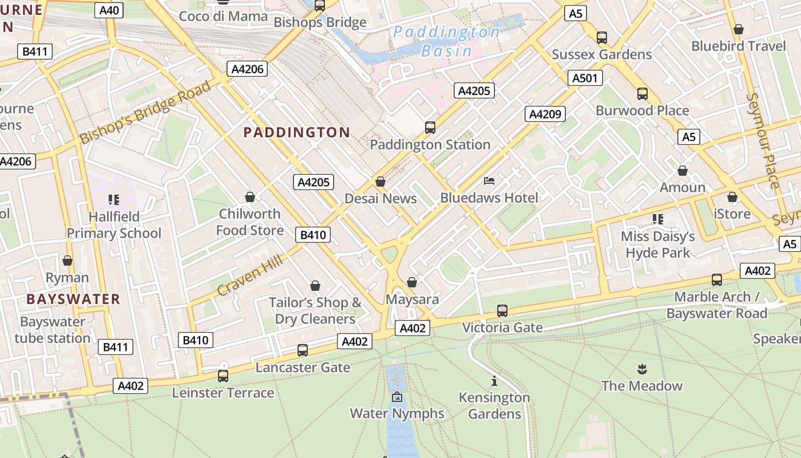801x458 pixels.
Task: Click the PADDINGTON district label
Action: click(296, 132)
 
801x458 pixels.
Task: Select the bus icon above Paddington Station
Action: click(430, 127)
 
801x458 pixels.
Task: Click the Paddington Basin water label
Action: click(446, 41)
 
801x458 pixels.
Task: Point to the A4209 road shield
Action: click(545, 114)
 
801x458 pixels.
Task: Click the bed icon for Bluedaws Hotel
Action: click(489, 181)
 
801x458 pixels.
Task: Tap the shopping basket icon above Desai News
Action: click(380, 181)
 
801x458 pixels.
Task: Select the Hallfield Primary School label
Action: click(114, 225)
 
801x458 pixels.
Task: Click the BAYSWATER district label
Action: click(73, 299)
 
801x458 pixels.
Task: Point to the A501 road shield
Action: click(585, 78)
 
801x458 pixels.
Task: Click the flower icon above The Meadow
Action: click(641, 369)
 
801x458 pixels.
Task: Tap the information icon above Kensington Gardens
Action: click(494, 380)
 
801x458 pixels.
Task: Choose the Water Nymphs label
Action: click(396, 413)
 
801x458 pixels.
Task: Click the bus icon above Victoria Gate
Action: click(502, 310)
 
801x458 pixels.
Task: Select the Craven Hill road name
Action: click(250, 276)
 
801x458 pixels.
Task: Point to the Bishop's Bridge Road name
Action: click(145, 112)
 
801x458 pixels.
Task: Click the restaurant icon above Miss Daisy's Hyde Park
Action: click(658, 219)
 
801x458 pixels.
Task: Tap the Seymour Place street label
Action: click(763, 140)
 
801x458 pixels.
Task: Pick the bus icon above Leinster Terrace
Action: click(223, 376)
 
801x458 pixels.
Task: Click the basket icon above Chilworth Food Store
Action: click(250, 197)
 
